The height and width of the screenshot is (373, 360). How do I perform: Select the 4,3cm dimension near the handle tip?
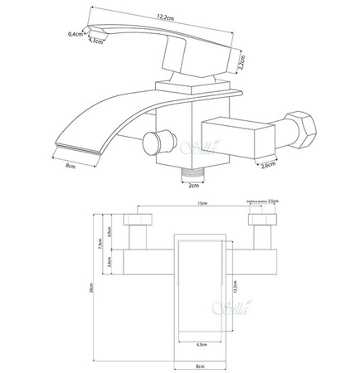tap(98, 40)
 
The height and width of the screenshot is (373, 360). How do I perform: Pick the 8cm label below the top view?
tap(199, 364)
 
